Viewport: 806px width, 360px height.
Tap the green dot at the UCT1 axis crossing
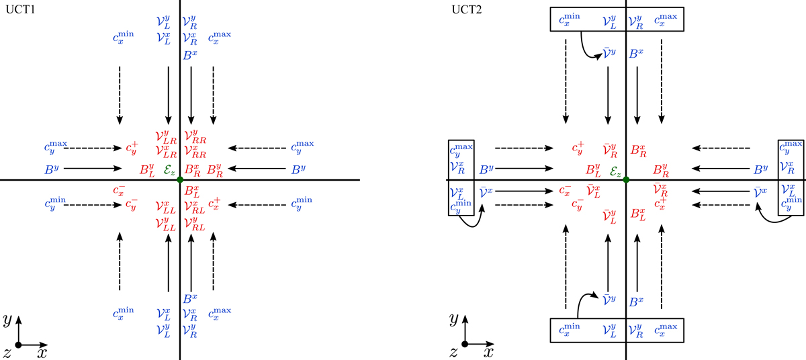(x=180, y=180)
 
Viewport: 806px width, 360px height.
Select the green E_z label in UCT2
(x=615, y=171)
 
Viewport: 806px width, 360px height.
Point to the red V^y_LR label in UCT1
(x=165, y=138)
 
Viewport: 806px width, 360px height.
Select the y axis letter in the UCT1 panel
(x=7, y=319)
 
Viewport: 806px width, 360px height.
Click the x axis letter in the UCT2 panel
(x=488, y=351)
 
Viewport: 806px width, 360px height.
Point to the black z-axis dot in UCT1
(x=19, y=345)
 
